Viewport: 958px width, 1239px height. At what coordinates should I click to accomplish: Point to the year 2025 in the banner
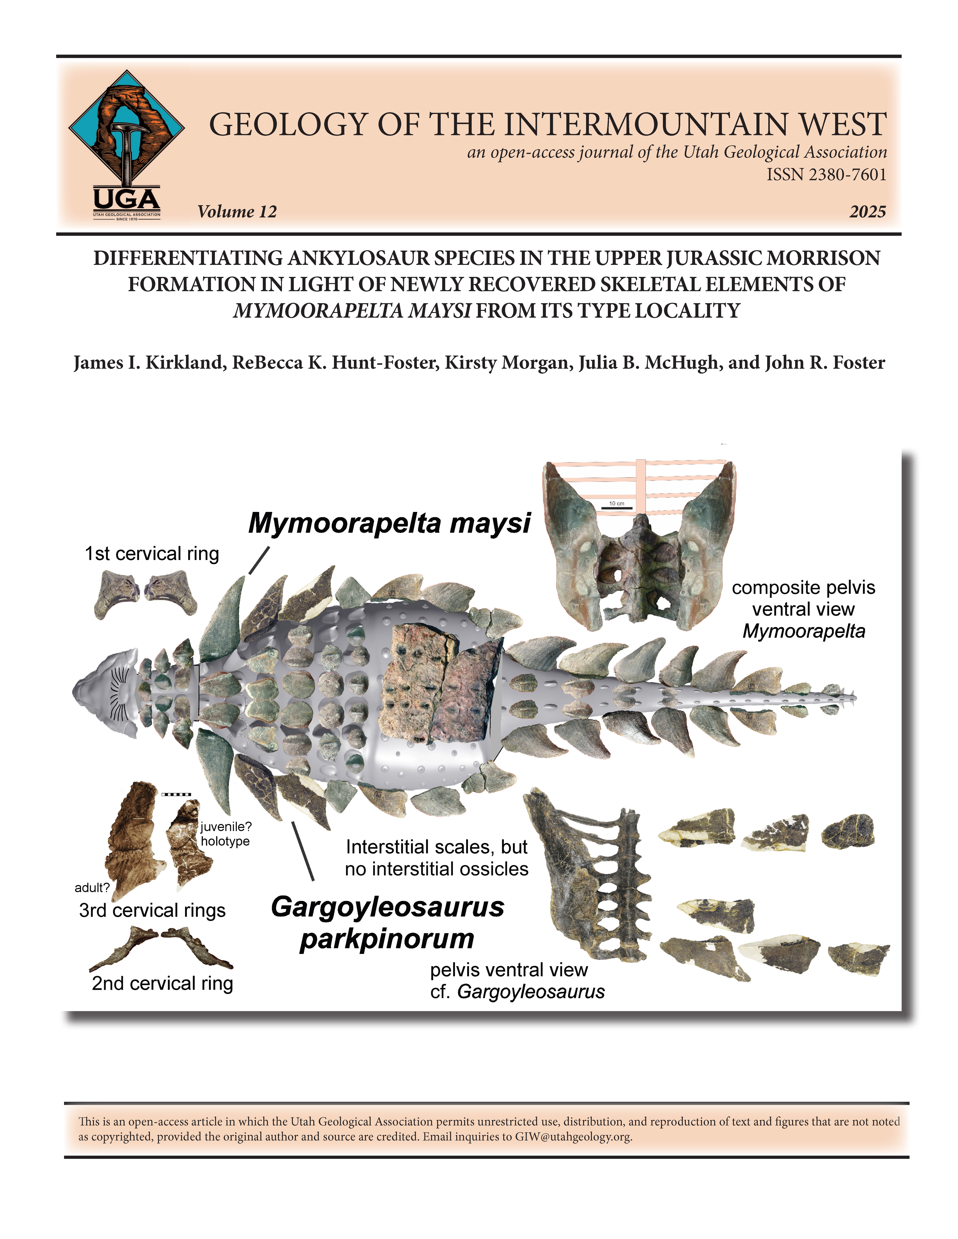point(867,212)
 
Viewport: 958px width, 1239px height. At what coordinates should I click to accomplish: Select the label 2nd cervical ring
point(162,983)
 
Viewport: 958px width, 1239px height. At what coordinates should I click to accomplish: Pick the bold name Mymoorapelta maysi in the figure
point(389,522)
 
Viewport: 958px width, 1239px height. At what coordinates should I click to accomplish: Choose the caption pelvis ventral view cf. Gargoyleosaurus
point(516,980)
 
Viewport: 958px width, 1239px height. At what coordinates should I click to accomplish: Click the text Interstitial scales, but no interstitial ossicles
point(436,858)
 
